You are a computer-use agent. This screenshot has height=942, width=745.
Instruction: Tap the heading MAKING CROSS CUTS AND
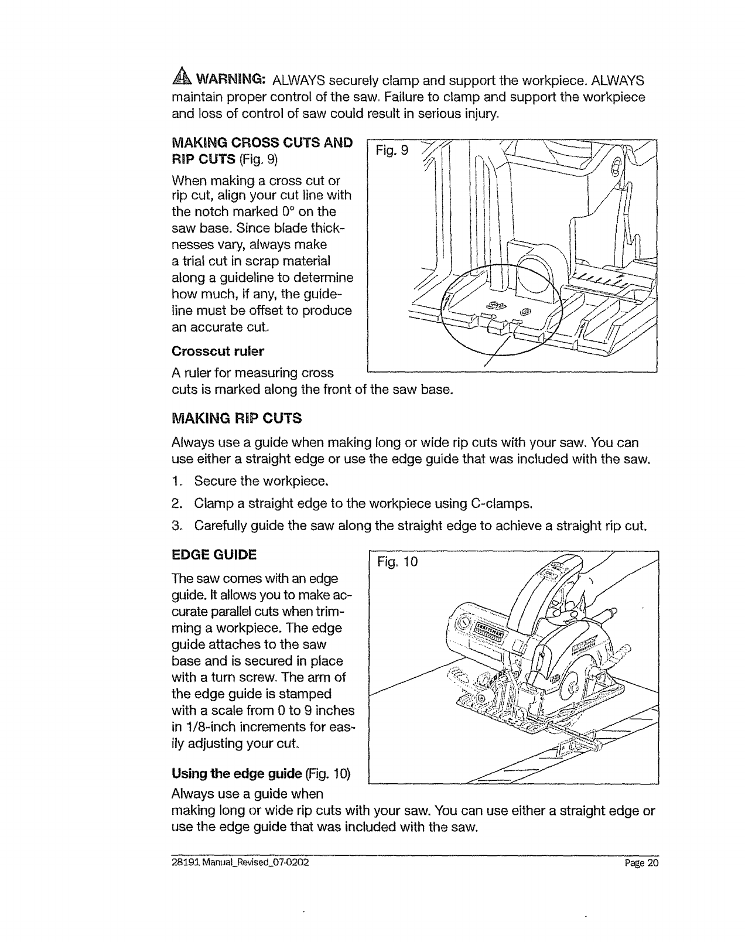262,142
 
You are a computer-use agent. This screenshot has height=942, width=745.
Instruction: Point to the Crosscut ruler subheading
218,351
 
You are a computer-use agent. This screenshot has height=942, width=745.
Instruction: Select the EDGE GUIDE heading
214,554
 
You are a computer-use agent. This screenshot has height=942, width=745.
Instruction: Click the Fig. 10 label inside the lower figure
398,562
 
